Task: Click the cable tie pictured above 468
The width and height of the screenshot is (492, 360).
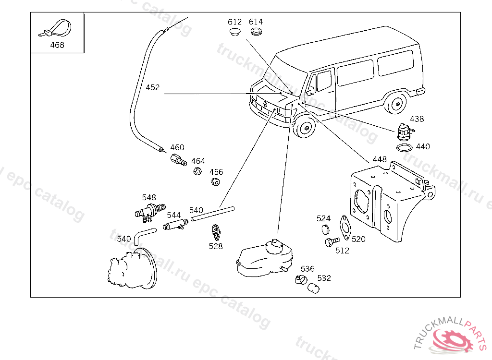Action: [x=56, y=30]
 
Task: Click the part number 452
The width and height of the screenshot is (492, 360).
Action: [x=153, y=88]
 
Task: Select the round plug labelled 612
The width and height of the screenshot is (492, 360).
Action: [x=234, y=32]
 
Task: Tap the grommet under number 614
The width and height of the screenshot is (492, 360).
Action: [x=256, y=32]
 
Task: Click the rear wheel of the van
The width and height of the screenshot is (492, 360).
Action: [x=396, y=104]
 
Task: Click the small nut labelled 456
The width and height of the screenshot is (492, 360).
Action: [x=215, y=182]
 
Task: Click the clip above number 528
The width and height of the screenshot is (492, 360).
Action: [x=217, y=232]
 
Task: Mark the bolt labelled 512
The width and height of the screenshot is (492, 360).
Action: [x=331, y=241]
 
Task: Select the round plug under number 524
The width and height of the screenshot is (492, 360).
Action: [x=324, y=228]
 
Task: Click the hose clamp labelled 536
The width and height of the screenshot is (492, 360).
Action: [x=301, y=279]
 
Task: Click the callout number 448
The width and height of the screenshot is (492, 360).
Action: [x=380, y=159]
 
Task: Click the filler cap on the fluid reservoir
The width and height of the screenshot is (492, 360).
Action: [x=275, y=244]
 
